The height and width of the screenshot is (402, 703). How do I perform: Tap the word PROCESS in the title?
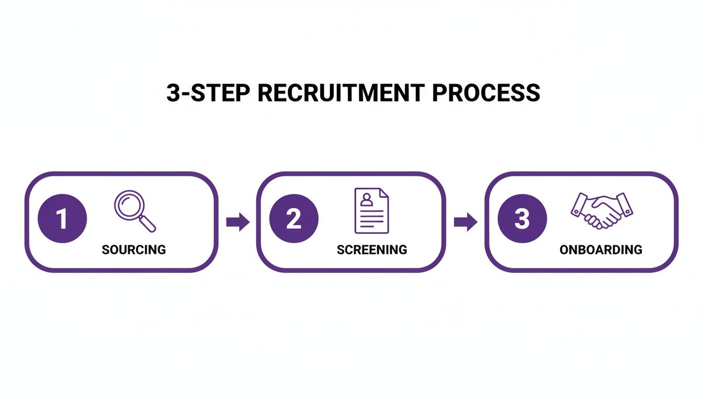(x=486, y=93)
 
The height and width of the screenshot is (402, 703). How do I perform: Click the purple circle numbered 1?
(x=62, y=219)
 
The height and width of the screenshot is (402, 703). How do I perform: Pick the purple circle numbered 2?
(x=293, y=219)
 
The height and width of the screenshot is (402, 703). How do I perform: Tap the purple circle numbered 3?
(x=522, y=219)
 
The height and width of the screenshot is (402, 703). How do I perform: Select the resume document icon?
(x=371, y=211)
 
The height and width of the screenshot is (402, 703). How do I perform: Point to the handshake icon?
(x=602, y=210)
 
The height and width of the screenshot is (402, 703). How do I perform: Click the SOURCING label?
(x=134, y=250)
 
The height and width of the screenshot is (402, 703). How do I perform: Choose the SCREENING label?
(x=372, y=250)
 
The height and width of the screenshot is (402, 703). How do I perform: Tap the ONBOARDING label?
(x=601, y=250)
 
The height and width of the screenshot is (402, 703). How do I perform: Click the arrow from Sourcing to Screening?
(x=237, y=222)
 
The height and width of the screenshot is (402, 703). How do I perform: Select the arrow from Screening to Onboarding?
(x=465, y=222)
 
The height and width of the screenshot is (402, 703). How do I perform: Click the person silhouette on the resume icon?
(x=366, y=199)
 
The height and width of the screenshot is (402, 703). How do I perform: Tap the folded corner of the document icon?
(x=384, y=193)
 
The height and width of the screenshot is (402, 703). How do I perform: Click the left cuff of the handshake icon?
(x=579, y=204)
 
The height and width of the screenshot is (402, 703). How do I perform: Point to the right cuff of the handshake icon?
(x=625, y=204)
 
